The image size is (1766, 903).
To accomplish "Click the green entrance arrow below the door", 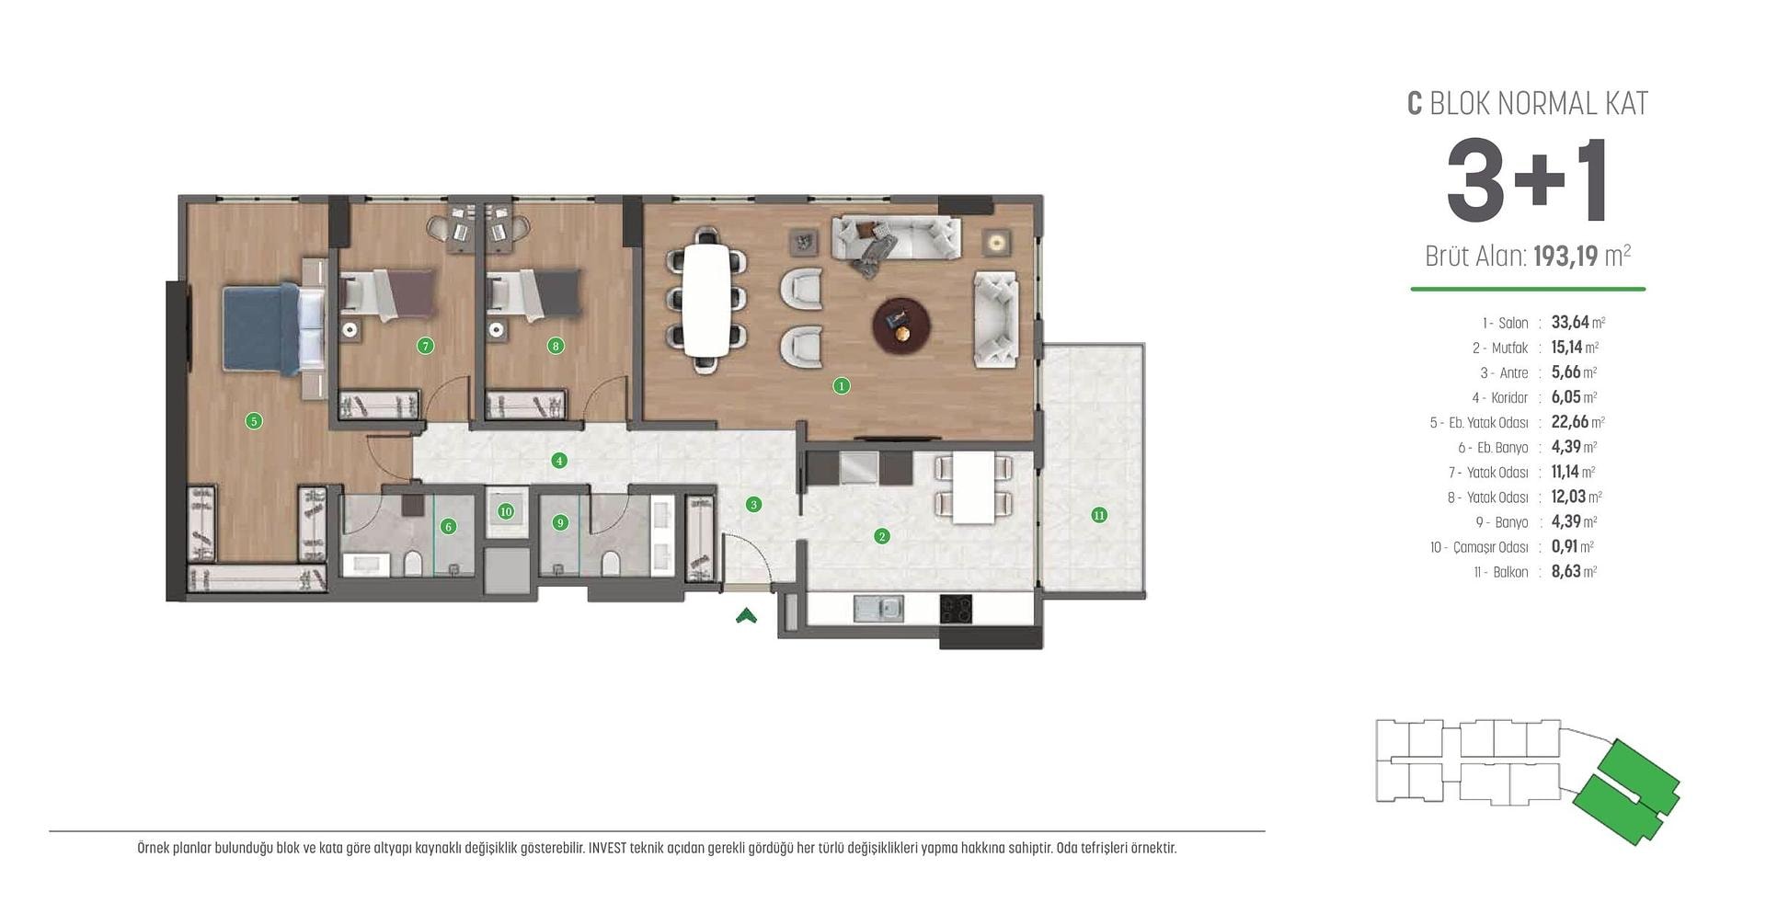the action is (x=746, y=616).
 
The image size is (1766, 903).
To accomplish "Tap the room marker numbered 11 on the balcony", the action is (x=1099, y=515).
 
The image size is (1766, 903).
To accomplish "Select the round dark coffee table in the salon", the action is (x=901, y=326).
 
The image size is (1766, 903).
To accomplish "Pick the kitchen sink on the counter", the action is (x=878, y=609).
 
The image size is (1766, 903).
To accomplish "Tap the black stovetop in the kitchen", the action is (x=956, y=609).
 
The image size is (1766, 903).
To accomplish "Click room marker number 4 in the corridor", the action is (x=559, y=461).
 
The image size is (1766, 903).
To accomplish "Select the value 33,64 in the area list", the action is (x=1570, y=323).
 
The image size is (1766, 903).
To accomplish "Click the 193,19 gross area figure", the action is (x=1565, y=256).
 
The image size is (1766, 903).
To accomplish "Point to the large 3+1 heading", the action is (x=1527, y=180).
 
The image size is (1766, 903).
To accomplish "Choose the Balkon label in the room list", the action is (x=1511, y=572).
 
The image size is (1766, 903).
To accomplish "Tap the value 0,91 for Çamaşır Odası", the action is (x=1565, y=546).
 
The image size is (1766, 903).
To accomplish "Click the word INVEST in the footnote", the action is (x=608, y=848).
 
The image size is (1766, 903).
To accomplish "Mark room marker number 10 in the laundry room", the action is (x=506, y=511).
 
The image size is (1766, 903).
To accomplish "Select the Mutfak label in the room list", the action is (x=1510, y=348).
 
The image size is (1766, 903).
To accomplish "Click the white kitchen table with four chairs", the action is (x=973, y=487).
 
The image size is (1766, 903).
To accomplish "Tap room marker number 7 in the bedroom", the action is (x=425, y=346).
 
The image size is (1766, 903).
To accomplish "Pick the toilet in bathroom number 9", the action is (x=611, y=563).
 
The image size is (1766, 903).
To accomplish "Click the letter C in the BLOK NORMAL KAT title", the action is (x=1415, y=104).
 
